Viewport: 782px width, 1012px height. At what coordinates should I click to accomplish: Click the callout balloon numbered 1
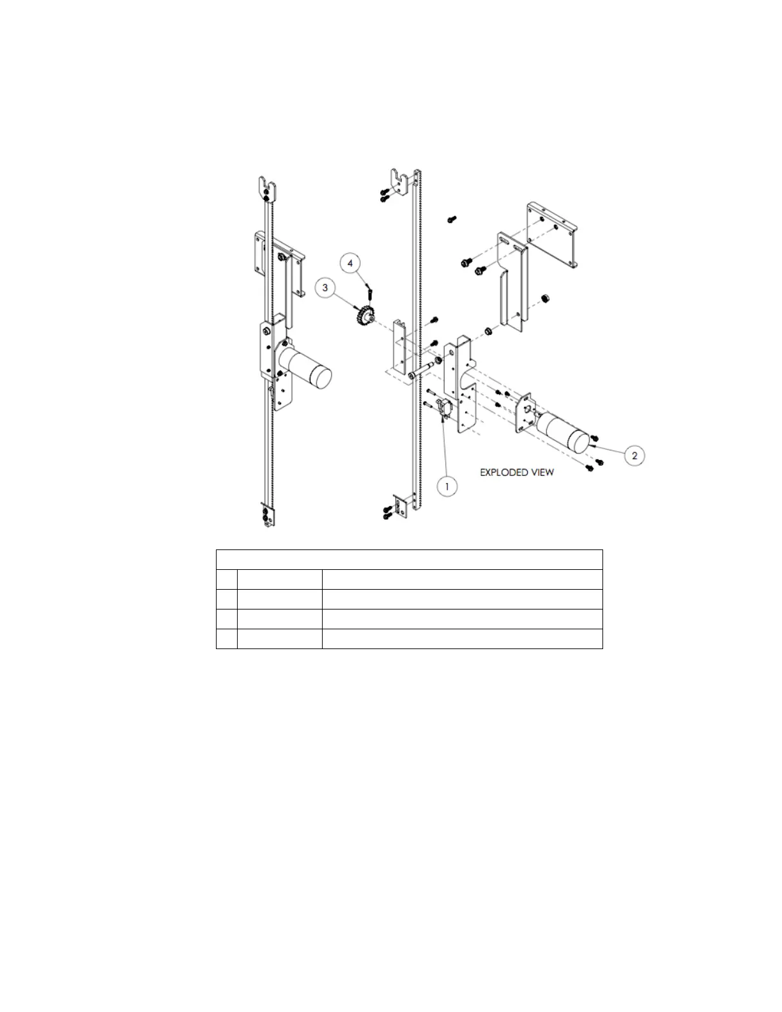447,486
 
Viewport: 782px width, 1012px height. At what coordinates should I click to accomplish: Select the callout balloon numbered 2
634,456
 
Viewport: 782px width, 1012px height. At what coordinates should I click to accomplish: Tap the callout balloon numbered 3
325,288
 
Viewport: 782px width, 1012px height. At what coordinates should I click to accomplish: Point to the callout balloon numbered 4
350,262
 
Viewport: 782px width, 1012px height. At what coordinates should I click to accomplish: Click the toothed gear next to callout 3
366,316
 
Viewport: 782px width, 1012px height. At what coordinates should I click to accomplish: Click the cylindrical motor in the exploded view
563,433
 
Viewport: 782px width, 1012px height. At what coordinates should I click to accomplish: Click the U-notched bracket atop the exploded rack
400,181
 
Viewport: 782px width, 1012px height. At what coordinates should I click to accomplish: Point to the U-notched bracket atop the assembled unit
268,188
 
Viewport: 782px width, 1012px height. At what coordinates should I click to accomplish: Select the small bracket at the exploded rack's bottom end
401,507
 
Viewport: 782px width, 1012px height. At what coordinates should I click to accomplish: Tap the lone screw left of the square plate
450,219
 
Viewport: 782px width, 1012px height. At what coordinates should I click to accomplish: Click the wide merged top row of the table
409,559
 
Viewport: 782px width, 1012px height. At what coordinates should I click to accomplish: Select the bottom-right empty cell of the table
461,639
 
